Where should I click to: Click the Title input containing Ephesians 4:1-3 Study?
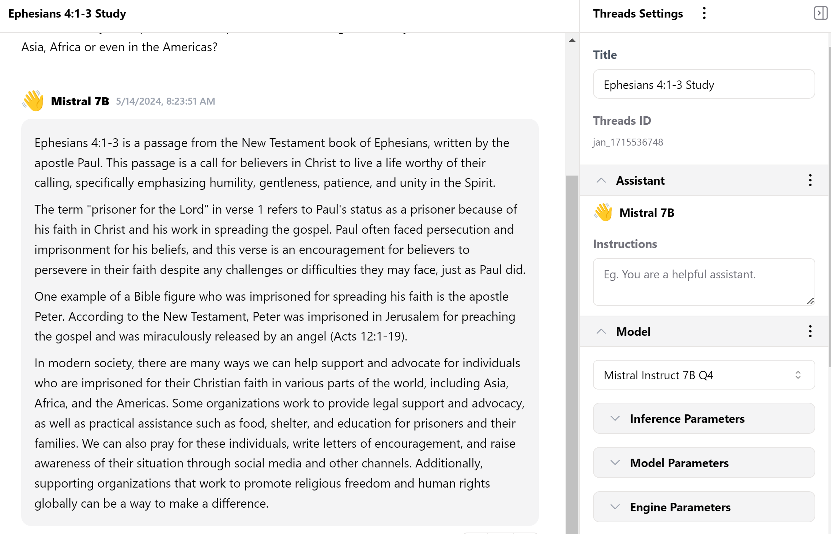[x=703, y=84]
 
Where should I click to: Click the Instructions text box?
[x=703, y=281]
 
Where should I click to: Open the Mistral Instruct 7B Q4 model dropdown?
[x=703, y=375]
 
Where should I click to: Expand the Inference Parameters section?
[x=703, y=418]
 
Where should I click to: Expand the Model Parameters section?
[x=703, y=463]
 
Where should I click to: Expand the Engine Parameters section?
[x=703, y=507]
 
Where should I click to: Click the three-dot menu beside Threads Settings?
[x=704, y=14]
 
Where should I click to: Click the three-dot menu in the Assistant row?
[x=810, y=180]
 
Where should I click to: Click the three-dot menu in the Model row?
[x=810, y=331]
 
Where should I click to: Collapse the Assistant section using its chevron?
[x=601, y=180]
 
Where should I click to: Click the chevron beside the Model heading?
[x=601, y=331]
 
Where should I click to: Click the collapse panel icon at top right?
[x=820, y=13]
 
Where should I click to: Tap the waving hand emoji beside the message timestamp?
[x=33, y=101]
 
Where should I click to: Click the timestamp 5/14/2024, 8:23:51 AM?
[x=165, y=101]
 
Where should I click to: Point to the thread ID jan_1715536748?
[x=628, y=142]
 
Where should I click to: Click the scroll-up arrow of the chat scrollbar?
[x=572, y=40]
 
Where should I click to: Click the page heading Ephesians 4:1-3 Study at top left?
[x=67, y=14]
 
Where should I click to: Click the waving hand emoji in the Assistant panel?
[x=603, y=213]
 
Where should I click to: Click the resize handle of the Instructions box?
[x=810, y=301]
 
